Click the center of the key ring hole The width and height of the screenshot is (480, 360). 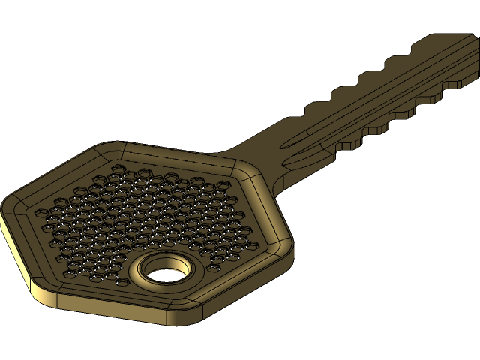point(166,270)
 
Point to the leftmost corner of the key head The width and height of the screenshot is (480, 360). point(4,206)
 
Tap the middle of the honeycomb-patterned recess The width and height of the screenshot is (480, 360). point(150,214)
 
